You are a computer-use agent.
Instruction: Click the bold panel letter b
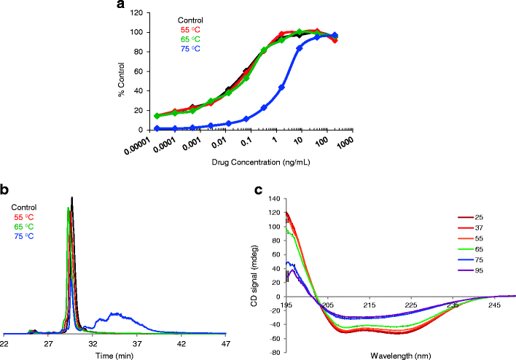(6, 192)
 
